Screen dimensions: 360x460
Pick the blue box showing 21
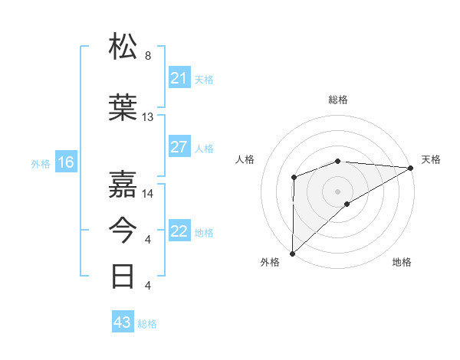(x=179, y=78)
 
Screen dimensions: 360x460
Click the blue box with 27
(x=179, y=147)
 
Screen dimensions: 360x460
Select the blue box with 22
(x=179, y=231)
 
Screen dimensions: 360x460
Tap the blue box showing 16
(x=66, y=162)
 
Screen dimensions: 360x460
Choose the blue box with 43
(x=122, y=322)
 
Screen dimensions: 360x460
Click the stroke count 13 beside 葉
(x=148, y=117)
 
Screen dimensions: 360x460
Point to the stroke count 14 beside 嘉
(x=148, y=193)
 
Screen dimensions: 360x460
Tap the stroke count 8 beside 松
(x=148, y=55)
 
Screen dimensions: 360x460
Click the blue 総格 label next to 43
(x=148, y=324)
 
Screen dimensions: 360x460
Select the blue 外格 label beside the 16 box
(x=41, y=163)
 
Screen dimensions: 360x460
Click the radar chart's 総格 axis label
(x=337, y=100)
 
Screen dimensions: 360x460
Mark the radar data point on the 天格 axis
(x=411, y=167)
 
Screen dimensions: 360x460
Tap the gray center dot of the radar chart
(x=337, y=191)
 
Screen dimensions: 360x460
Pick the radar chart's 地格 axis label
(x=402, y=263)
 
